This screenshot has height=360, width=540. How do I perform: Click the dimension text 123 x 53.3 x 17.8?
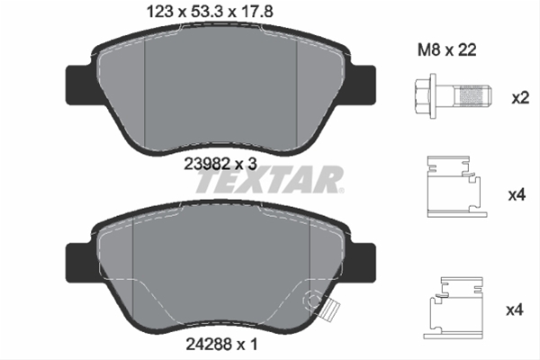pos(210,12)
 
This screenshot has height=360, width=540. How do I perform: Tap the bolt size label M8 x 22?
pos(447,50)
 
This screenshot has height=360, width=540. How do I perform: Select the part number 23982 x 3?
pos(220,164)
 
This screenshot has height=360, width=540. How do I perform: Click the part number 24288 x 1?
pos(221,344)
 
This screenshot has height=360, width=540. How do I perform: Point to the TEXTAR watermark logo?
pos(270,179)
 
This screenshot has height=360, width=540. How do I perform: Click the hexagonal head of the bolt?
pos(425,96)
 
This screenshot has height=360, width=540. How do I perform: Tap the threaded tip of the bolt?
pos(474,96)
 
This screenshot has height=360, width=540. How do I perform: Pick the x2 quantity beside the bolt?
pos(520,98)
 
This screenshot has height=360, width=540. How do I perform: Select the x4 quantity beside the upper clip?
pos(517,195)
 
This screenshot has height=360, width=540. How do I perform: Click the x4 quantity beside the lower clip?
pos(515,310)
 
